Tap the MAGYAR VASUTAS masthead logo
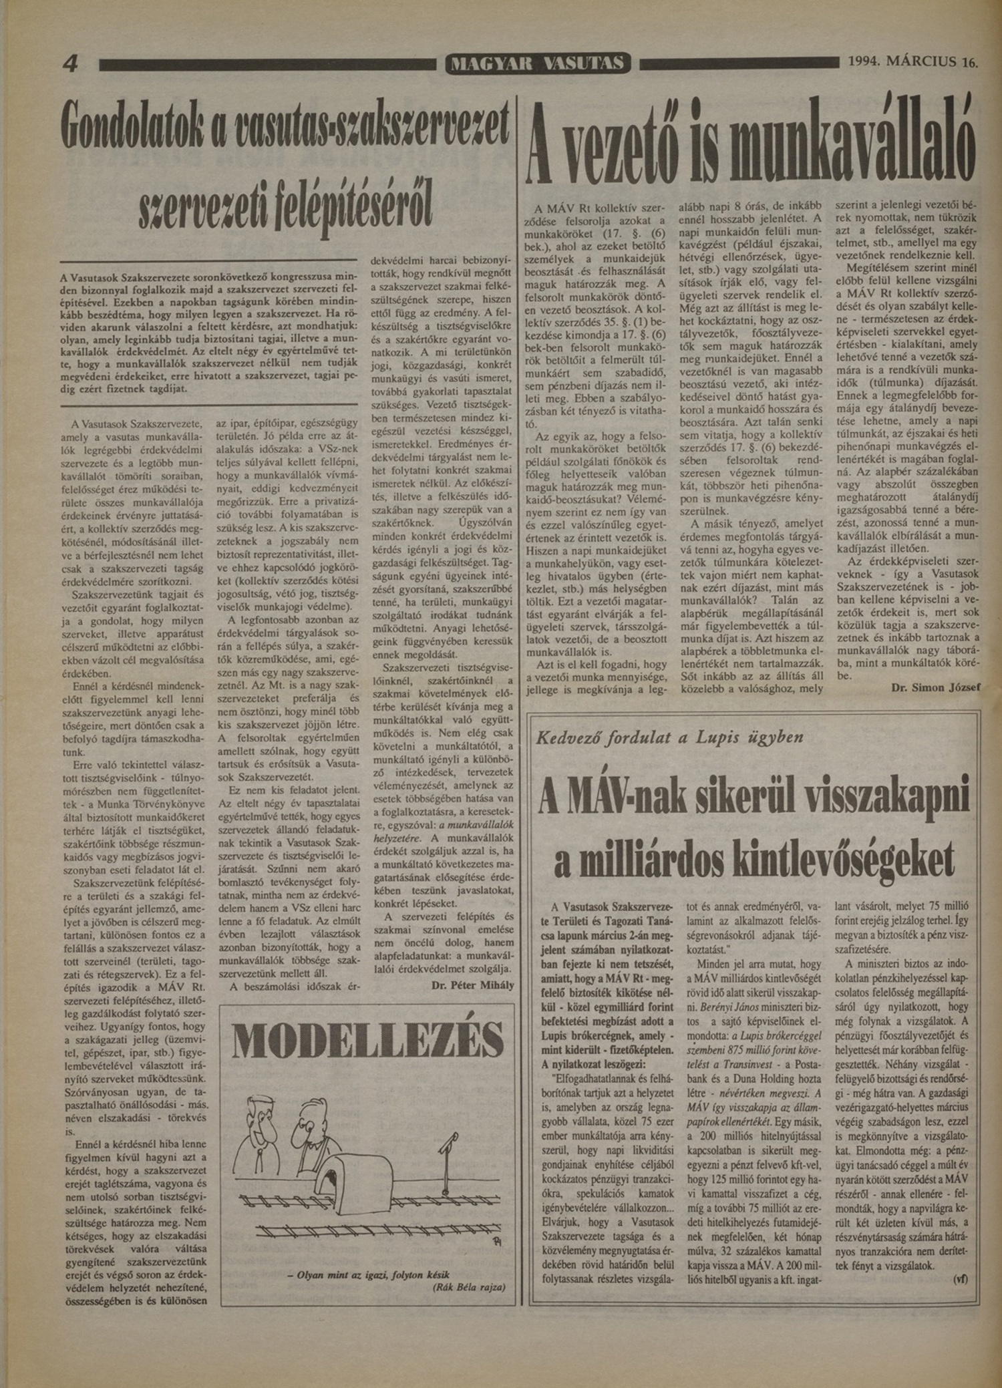pos(538,64)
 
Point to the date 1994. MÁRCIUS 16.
pos(912,63)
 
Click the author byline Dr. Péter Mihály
pos(472,985)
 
